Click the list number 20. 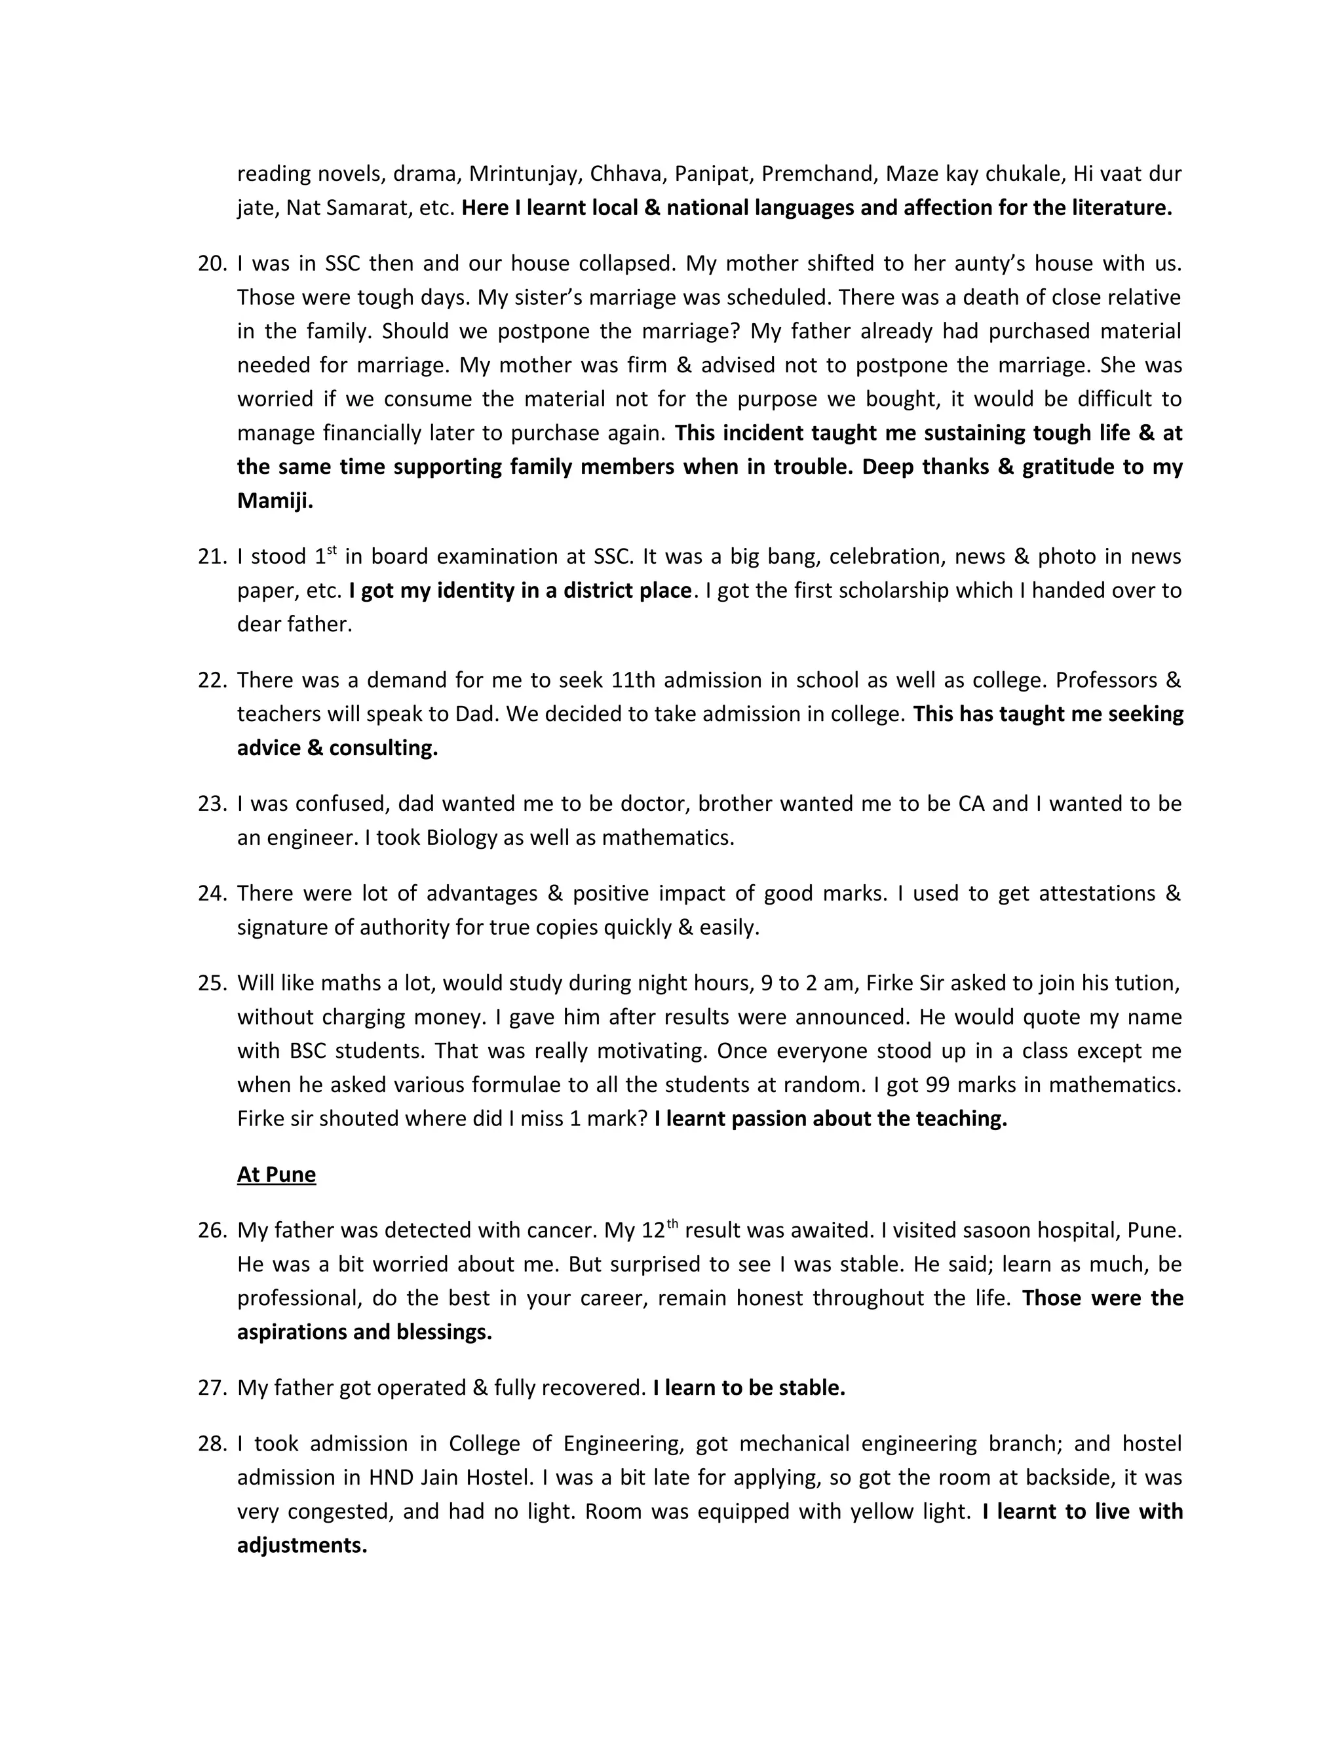click(212, 263)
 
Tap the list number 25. click(212, 983)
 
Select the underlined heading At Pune click(276, 1175)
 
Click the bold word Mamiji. click(275, 501)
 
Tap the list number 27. click(212, 1388)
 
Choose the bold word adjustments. click(302, 1546)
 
